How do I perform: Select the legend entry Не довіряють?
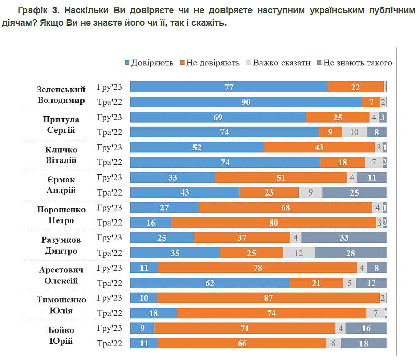click(x=209, y=63)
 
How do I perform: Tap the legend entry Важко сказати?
click(x=278, y=63)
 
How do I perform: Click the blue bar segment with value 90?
click(x=246, y=102)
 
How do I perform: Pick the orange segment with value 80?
click(x=273, y=223)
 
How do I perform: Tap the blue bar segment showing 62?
click(x=210, y=283)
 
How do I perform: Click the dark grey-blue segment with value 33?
click(x=344, y=238)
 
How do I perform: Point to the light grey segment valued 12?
click(x=298, y=253)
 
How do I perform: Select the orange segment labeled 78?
click(x=258, y=268)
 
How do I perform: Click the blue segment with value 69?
click(x=218, y=117)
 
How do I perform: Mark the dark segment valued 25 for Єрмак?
click(x=354, y=192)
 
